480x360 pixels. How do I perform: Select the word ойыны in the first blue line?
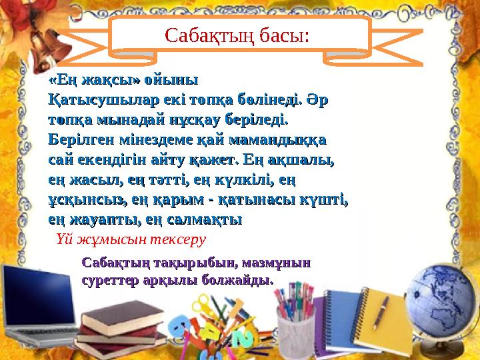coord(171,81)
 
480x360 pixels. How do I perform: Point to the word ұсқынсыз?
coord(83,199)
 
